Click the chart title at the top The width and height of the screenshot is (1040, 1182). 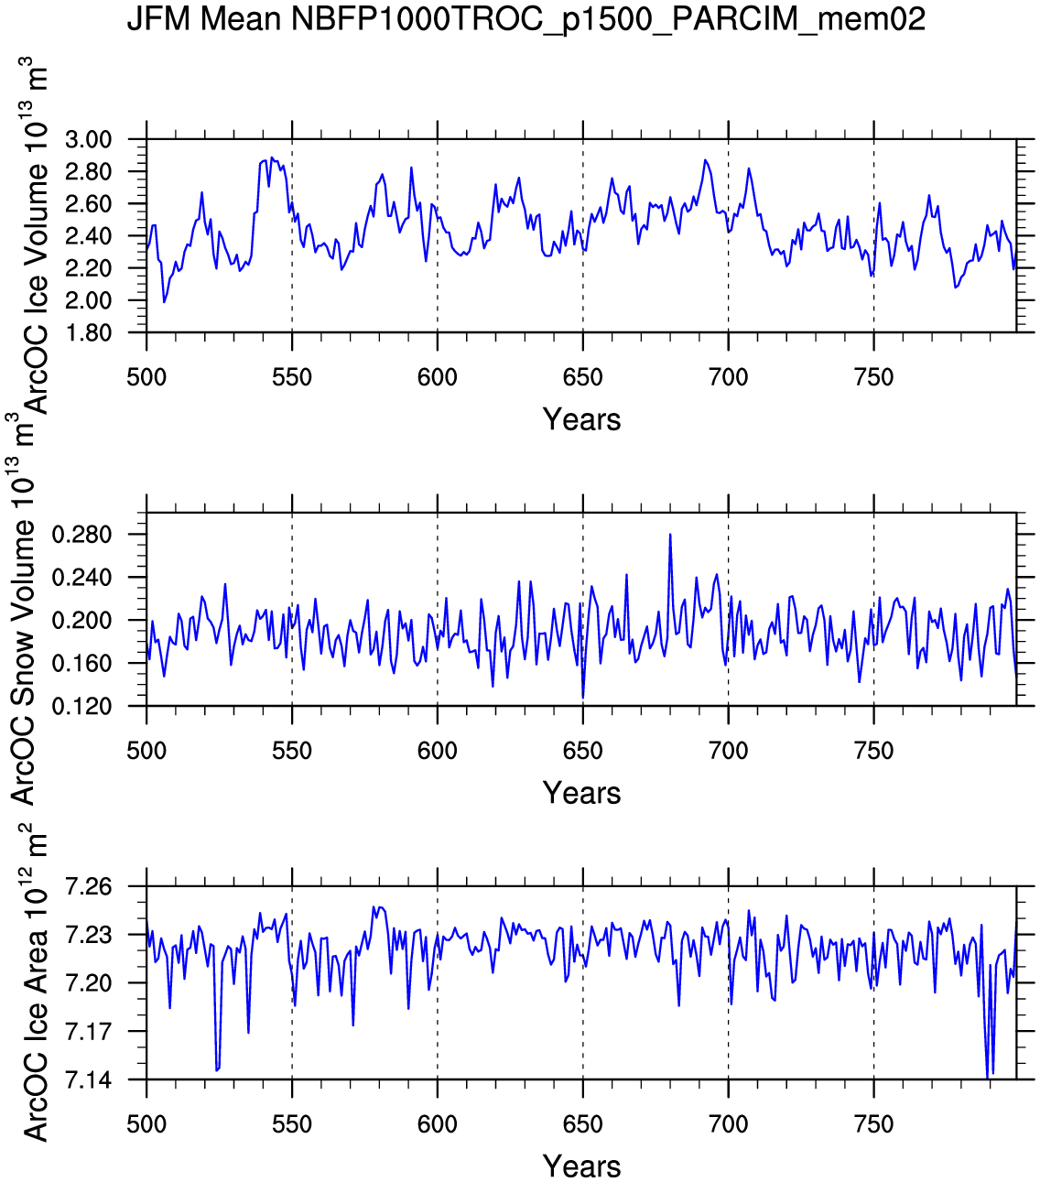(525, 18)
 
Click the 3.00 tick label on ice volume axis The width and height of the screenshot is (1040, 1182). (88, 140)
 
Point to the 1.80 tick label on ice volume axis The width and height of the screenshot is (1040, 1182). (88, 333)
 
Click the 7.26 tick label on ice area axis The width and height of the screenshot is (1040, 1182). (88, 887)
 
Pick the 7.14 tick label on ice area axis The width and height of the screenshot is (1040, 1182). (88, 1080)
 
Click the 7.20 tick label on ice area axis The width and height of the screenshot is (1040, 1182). (88, 984)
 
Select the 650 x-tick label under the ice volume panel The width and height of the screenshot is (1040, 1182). (582, 377)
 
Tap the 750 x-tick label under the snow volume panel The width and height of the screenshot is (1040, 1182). (873, 751)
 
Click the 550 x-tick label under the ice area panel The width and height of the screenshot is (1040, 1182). (292, 1124)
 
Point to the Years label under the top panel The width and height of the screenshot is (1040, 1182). (581, 419)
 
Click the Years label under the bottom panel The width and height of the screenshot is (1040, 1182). (581, 1166)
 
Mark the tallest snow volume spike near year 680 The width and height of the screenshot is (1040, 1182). (670, 535)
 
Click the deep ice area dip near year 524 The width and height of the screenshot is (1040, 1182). (217, 1069)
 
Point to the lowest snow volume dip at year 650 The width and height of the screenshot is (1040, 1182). (583, 698)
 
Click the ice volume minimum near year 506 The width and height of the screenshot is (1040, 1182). (164, 302)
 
